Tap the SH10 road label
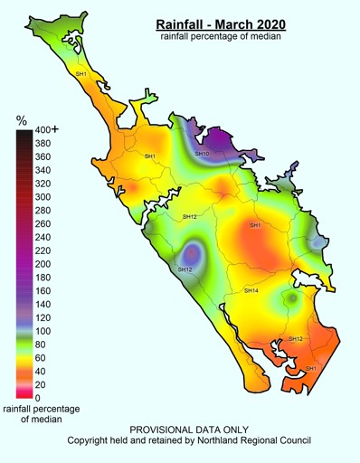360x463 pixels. [202, 154]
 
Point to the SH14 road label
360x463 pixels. [251, 290]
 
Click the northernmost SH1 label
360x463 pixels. [81, 73]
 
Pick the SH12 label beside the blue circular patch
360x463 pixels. [185, 269]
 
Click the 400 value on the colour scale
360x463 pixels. [43, 129]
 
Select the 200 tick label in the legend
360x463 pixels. [42, 264]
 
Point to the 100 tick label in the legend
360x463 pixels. [42, 331]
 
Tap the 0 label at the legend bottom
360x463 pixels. [36, 398]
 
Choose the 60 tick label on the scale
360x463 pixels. [40, 358]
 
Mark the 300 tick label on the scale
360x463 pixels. [42, 197]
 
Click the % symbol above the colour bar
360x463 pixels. [22, 120]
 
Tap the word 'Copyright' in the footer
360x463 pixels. [90, 440]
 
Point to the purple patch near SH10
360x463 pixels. [217, 141]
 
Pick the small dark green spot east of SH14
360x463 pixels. [292, 298]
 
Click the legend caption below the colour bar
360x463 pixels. [40, 415]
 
